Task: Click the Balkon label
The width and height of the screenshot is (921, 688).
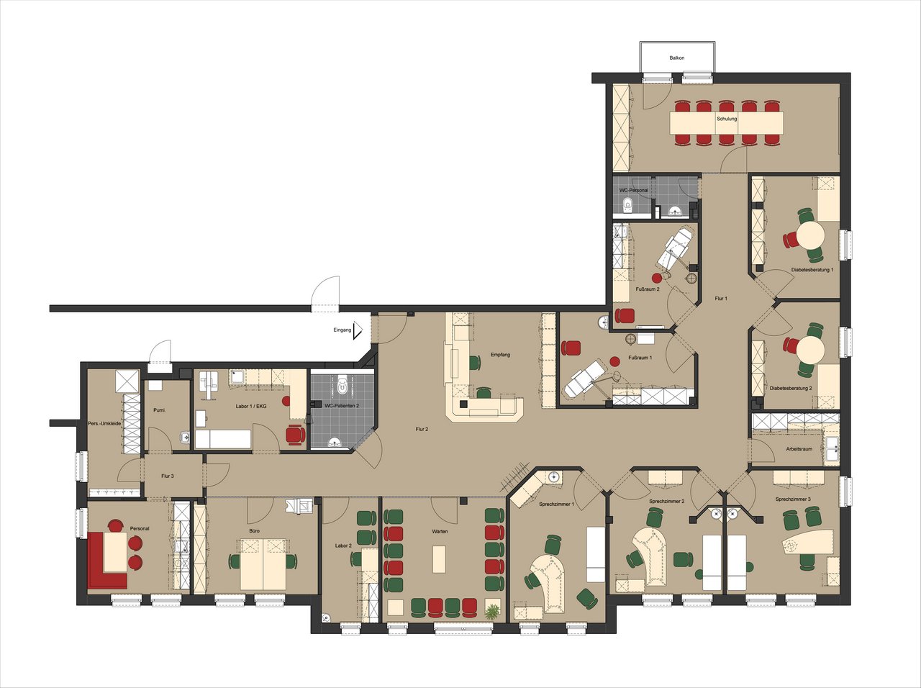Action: [x=677, y=58]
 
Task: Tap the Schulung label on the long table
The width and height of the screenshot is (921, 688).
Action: [x=727, y=119]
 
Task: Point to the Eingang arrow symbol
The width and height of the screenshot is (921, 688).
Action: [x=358, y=330]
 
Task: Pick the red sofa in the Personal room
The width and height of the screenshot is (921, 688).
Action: [x=107, y=560]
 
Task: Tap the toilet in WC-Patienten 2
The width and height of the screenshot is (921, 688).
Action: [x=342, y=385]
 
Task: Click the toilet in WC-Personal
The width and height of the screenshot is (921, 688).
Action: [x=627, y=206]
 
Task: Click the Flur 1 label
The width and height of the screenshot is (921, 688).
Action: [x=721, y=299]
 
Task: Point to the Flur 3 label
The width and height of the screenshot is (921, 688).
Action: [x=168, y=476]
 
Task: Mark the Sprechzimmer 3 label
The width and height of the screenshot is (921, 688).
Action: [x=793, y=499]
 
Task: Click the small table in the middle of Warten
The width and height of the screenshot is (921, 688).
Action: [x=440, y=558]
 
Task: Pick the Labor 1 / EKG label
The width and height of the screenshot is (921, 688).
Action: [x=250, y=406]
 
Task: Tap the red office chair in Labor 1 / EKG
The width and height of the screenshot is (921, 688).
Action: [x=296, y=434]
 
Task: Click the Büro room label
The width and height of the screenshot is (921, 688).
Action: [x=254, y=530]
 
